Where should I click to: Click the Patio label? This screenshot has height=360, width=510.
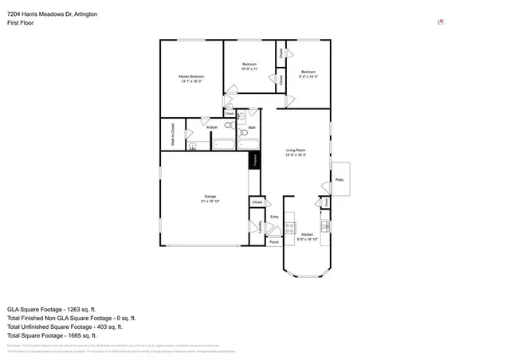pyautogui.click(x=339, y=180)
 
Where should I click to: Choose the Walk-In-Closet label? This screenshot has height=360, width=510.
pyautogui.click(x=172, y=135)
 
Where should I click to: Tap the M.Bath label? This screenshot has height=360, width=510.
pyautogui.click(x=212, y=127)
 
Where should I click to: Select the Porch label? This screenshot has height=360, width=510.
pyautogui.click(x=274, y=241)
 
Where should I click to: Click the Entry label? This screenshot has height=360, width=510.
pyautogui.click(x=274, y=217)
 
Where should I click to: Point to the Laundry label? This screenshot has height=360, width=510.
pyautogui.click(x=261, y=227)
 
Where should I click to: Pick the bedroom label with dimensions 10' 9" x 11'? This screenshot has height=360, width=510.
pyautogui.click(x=249, y=66)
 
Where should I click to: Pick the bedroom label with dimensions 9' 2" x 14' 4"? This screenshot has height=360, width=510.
pyautogui.click(x=308, y=73)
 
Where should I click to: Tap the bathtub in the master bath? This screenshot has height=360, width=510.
pyautogui.click(x=223, y=145)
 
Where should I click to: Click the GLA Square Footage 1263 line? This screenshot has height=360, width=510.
pyautogui.click(x=51, y=308)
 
